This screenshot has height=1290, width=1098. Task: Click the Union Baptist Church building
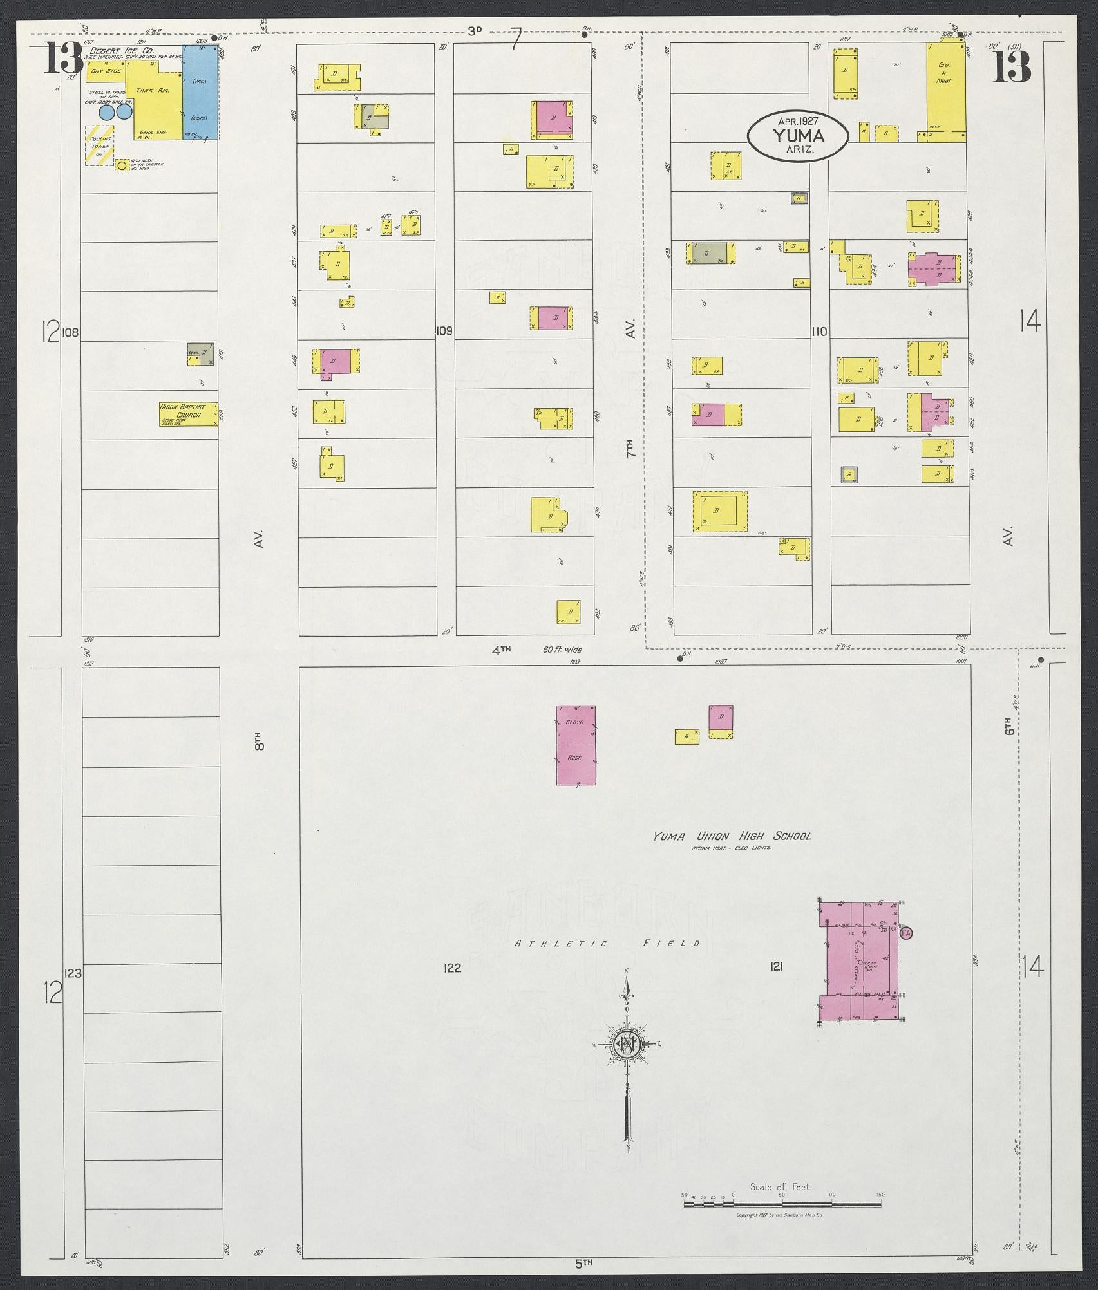[x=189, y=415]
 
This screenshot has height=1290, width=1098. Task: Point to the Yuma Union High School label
[x=732, y=836]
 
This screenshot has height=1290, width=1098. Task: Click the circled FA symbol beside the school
[x=906, y=933]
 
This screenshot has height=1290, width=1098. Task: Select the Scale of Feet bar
[x=782, y=1202]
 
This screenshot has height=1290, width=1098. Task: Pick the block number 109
[x=444, y=332]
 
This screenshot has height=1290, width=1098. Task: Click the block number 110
[x=819, y=332]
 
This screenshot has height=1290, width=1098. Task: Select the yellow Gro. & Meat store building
[x=945, y=90]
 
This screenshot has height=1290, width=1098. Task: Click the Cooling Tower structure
[x=100, y=145]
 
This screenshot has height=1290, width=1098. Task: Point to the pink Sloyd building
[x=576, y=745]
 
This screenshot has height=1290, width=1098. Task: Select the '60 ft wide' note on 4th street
[x=562, y=650]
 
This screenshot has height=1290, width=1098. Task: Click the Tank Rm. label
[x=155, y=91]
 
